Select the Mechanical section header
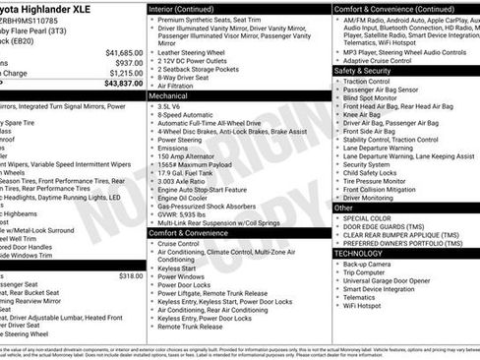168,97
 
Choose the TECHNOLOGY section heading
357,253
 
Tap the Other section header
343,208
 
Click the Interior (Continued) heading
182,9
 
